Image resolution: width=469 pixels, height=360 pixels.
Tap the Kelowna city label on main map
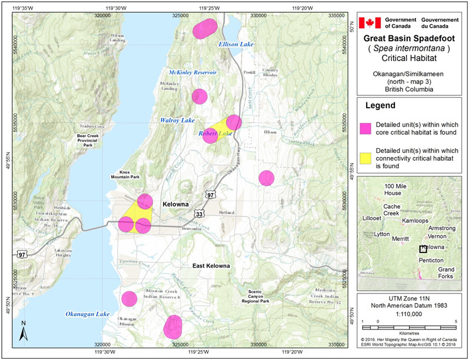(x=175, y=204)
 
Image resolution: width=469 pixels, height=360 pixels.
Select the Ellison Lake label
(x=235, y=44)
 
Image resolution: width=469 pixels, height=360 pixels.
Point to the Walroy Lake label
(x=177, y=120)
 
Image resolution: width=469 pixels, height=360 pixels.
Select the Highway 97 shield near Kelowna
(x=211, y=194)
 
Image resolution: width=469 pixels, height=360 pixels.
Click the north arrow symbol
(x=22, y=331)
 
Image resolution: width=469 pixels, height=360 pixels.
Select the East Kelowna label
(x=211, y=266)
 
